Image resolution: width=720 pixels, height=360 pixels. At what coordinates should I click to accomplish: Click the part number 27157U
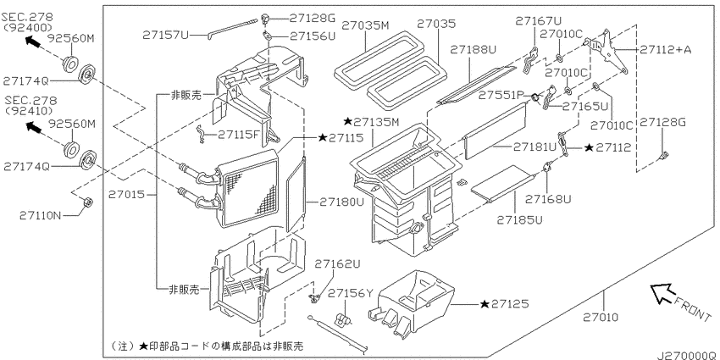click(x=165, y=35)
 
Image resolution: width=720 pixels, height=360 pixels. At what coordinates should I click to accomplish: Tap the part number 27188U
click(x=474, y=49)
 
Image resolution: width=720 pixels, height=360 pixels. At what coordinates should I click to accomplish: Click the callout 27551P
click(x=501, y=95)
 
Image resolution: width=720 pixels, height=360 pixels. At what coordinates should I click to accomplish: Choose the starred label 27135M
click(x=372, y=122)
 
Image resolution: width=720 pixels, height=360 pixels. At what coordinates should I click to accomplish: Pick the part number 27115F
click(x=239, y=135)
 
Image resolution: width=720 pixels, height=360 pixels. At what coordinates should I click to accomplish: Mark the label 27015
click(x=126, y=195)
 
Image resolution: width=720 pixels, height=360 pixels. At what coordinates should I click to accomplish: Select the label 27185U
click(x=519, y=220)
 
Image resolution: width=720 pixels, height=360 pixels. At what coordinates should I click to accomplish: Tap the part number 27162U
click(x=337, y=264)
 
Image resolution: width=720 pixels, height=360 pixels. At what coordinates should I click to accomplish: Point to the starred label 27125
click(x=504, y=303)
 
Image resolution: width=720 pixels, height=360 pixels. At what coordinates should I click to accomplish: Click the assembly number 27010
click(x=601, y=317)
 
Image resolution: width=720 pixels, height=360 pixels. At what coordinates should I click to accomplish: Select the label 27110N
click(x=40, y=215)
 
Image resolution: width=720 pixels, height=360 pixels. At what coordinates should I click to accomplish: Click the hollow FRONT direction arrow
click(x=662, y=293)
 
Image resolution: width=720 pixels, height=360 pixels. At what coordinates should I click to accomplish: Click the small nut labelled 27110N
click(x=88, y=202)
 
